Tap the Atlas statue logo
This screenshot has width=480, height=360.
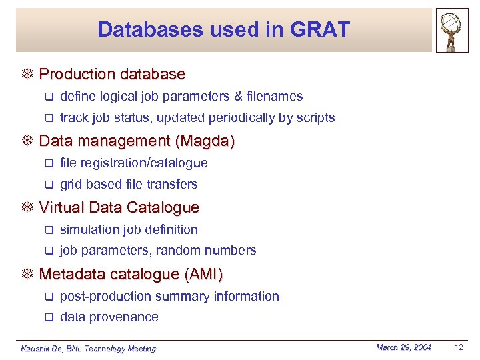pos(453,30)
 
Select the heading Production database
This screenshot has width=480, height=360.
pos(112,74)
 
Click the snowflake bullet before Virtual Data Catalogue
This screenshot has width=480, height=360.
pos(28,208)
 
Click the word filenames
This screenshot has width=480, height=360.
pos(274,97)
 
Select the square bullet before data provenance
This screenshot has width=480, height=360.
pos(48,318)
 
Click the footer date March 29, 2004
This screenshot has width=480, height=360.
pos(403,347)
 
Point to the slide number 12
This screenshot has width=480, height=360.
pos(458,347)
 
